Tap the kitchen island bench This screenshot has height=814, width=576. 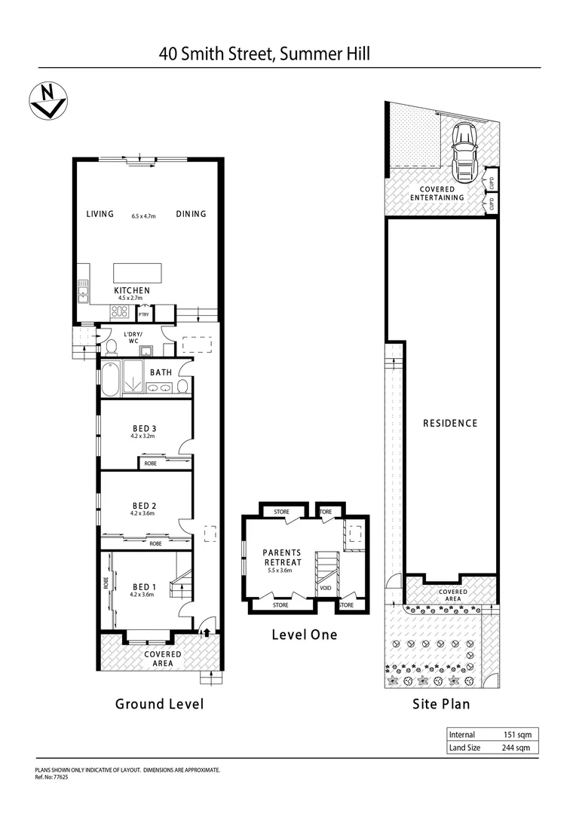coord(137,272)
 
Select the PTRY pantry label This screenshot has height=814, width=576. coord(143,315)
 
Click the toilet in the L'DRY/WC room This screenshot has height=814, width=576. coord(111,347)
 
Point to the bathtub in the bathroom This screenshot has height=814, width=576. coord(110,379)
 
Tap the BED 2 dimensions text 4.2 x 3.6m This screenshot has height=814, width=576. coord(143,514)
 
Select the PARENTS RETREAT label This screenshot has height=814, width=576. coord(282,557)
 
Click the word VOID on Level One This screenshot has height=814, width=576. coord(326,588)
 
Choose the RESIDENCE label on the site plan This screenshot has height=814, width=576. coord(449,423)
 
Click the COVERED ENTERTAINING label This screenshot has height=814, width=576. coord(437,193)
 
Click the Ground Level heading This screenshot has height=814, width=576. coord(159,704)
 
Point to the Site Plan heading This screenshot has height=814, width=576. coord(441,704)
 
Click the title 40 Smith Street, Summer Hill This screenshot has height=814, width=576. coord(264,54)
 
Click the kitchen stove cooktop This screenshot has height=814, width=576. coord(119,311)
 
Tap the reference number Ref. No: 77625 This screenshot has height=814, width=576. coord(52,776)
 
